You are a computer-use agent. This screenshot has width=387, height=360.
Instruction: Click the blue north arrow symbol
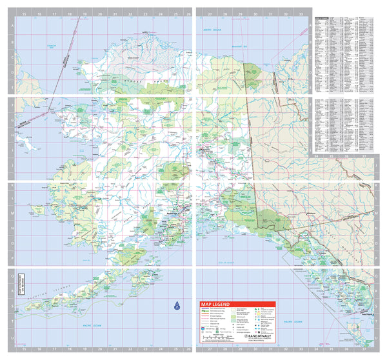[177, 306]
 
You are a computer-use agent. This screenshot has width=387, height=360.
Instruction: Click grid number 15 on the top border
[23, 13]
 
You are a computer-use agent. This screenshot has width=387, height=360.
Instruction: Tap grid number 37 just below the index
[364, 155]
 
